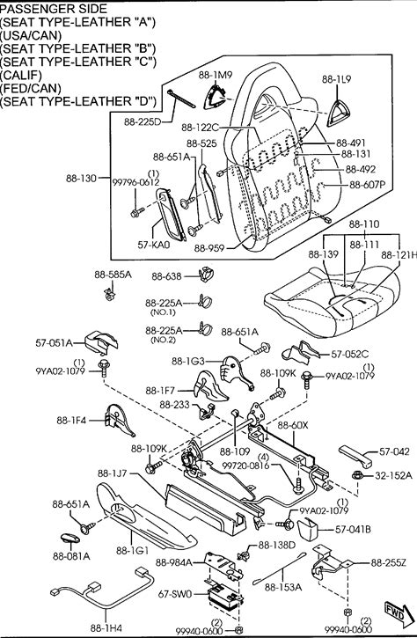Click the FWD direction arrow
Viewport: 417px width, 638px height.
[x=395, y=613]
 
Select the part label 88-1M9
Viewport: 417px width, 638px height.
[x=216, y=75]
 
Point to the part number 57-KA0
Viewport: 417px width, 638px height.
[x=153, y=245]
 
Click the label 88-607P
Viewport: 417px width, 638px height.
[x=368, y=185]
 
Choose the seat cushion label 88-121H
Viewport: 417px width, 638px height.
[x=399, y=255]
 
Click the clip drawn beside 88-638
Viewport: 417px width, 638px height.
[x=207, y=275]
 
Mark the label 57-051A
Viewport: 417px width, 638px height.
[x=54, y=343]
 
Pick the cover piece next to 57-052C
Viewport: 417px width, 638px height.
[x=304, y=353]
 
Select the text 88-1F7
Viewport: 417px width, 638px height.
[x=160, y=391]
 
